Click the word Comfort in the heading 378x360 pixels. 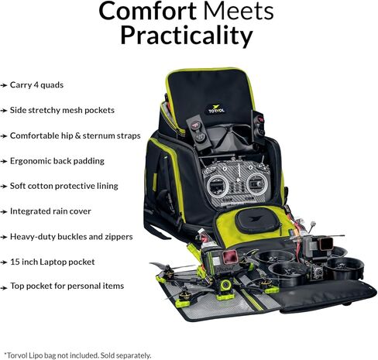(147, 11)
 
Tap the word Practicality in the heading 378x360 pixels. (187, 36)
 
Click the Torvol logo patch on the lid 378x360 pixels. (216, 109)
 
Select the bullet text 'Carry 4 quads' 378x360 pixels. (36, 85)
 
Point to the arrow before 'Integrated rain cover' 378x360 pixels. (4, 212)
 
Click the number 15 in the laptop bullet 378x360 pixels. (15, 262)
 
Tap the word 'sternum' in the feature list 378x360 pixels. (99, 135)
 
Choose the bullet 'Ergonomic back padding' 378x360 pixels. (57, 161)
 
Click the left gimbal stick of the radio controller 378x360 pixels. (218, 185)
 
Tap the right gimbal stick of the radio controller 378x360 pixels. (256, 183)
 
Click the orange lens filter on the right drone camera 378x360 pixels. (326, 242)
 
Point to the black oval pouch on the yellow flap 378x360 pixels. (257, 221)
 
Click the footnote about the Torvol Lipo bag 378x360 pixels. (77, 355)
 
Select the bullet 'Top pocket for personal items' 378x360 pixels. (67, 286)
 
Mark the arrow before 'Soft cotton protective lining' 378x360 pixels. (4, 187)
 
